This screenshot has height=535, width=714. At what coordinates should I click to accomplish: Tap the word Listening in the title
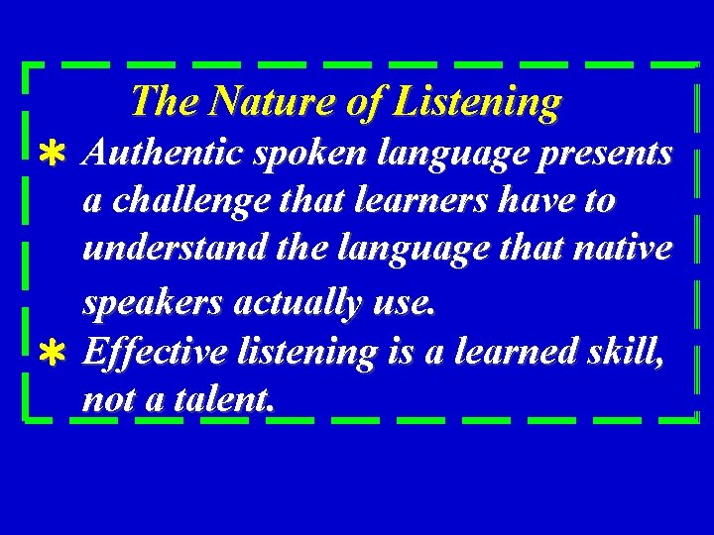476,101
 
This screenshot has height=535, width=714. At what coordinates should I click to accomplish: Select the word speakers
153,304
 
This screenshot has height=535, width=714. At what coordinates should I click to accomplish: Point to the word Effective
159,352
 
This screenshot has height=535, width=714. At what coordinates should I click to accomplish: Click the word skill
615,352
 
